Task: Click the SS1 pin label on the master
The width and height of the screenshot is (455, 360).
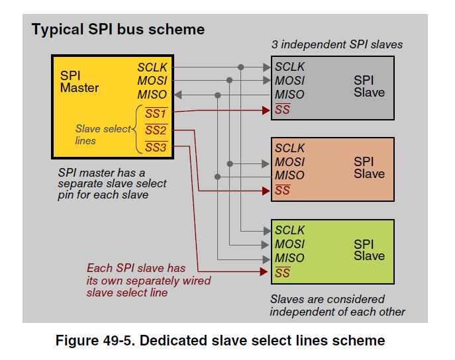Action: click(x=156, y=113)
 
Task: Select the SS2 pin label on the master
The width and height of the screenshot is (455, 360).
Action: click(x=156, y=130)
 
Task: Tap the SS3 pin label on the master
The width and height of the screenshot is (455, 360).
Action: click(x=156, y=147)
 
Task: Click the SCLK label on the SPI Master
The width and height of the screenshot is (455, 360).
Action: click(x=153, y=67)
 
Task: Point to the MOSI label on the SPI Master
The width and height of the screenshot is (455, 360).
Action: click(x=153, y=81)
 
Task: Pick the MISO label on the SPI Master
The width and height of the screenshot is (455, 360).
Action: click(x=153, y=95)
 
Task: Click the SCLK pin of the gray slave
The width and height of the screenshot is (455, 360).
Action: click(x=289, y=67)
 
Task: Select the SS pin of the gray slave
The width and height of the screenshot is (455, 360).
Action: click(x=283, y=109)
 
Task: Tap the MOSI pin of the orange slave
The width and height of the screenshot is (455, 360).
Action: click(x=289, y=162)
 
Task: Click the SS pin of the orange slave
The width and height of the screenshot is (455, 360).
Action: click(x=283, y=191)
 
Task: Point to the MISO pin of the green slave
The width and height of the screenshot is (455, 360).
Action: click(x=289, y=258)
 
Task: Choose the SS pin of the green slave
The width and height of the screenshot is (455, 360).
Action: click(x=283, y=273)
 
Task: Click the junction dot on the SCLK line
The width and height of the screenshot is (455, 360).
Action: click(x=241, y=67)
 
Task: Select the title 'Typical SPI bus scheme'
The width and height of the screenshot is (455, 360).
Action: click(x=119, y=30)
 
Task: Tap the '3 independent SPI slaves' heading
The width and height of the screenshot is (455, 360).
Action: click(x=336, y=45)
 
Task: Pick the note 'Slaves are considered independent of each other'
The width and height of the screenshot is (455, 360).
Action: click(x=337, y=305)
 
